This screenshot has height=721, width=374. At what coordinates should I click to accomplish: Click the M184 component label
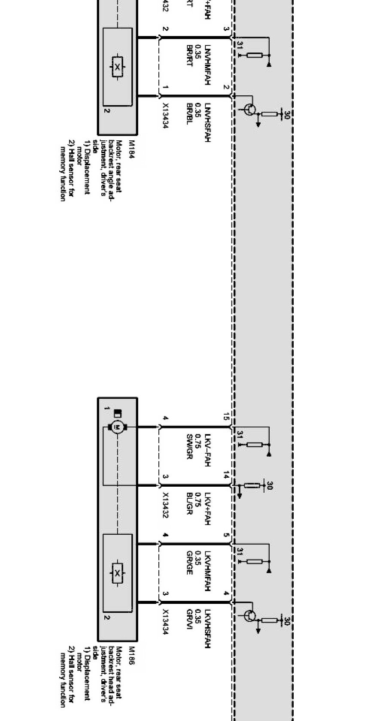[x=131, y=150]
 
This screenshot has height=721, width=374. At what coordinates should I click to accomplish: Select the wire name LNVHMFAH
[x=207, y=64]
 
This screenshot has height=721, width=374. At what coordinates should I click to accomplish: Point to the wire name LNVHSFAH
[x=207, y=122]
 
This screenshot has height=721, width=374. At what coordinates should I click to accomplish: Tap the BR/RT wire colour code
[x=189, y=55]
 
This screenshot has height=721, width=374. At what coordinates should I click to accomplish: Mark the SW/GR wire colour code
[x=189, y=446]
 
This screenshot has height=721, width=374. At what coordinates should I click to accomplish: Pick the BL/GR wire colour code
[x=189, y=504]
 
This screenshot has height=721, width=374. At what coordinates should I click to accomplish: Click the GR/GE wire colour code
[x=189, y=563]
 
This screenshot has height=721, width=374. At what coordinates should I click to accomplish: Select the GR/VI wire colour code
[x=189, y=618]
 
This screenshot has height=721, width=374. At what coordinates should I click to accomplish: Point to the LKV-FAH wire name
[x=207, y=450]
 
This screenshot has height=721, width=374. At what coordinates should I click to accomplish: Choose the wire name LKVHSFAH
[x=207, y=629]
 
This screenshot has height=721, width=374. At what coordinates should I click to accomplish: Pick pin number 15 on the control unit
[x=226, y=416]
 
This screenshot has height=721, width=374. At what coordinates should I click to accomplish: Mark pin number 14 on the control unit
[x=226, y=475]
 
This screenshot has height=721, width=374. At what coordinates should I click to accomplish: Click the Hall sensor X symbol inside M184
[x=117, y=67]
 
